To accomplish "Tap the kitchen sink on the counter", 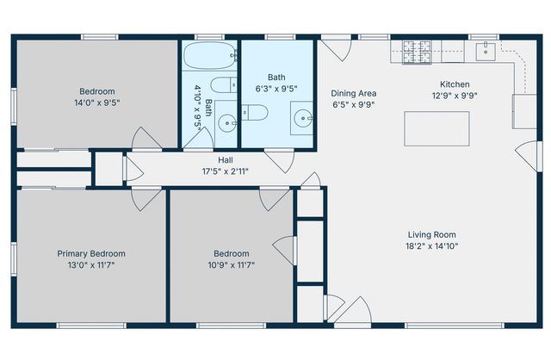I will (486, 50).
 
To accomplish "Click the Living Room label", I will (431, 234).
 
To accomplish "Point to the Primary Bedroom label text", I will (90, 253).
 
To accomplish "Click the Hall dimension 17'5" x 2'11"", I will (225, 171).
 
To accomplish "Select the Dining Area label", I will (354, 93).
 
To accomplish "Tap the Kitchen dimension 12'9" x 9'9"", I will (455, 96).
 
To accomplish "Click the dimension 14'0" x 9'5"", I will (97, 102).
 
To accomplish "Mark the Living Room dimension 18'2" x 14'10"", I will (431, 246).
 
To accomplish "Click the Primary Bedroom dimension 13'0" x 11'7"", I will (90, 265).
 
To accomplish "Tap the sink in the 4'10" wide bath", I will (226, 123).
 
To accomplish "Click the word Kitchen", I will (455, 84).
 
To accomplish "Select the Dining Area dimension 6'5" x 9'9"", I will (354, 105).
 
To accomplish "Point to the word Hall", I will (225, 159).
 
